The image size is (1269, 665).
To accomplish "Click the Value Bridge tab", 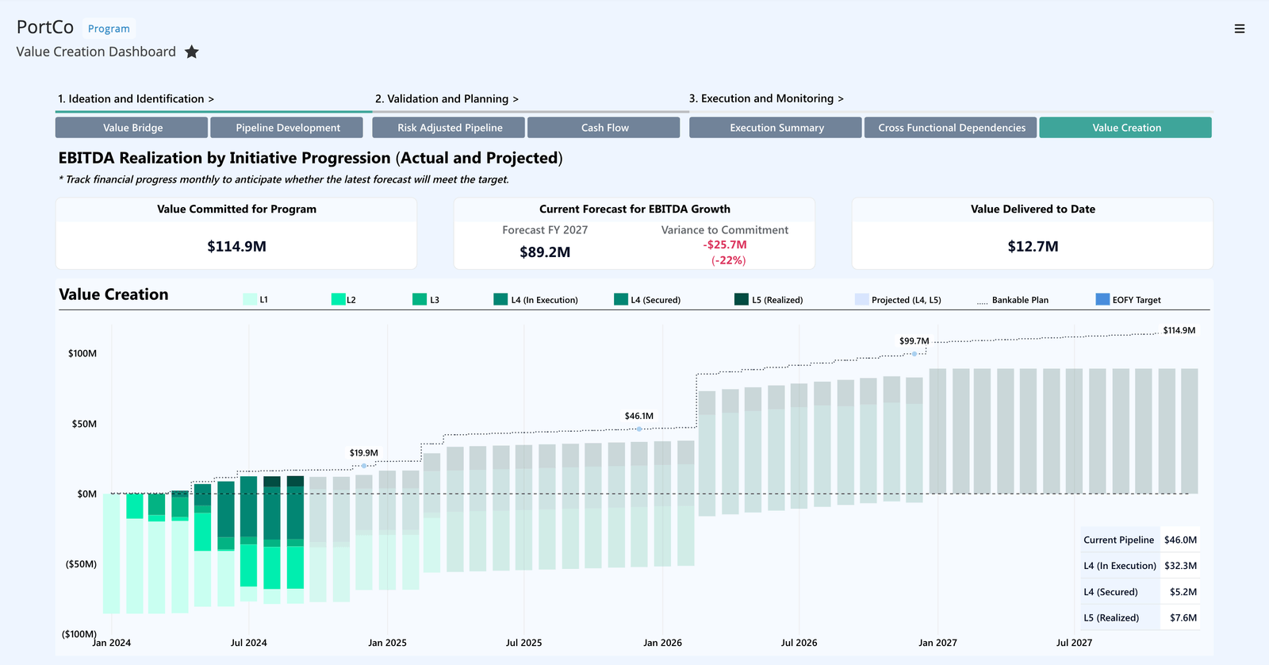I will pyautogui.click(x=132, y=128).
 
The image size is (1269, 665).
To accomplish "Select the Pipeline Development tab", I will pyautogui.click(x=288, y=128).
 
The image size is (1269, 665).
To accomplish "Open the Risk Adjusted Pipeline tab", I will pyautogui.click(x=450, y=128).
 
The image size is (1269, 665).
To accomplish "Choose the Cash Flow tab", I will pyautogui.click(x=604, y=128).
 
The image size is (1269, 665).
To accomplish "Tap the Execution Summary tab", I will pyautogui.click(x=776, y=128).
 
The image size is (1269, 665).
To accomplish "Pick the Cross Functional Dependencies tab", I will pyautogui.click(x=952, y=128).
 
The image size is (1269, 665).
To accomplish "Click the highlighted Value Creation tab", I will pyautogui.click(x=1126, y=128).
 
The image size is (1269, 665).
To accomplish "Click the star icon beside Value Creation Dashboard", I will pyautogui.click(x=192, y=52).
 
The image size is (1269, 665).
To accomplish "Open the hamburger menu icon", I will pyautogui.click(x=1240, y=29).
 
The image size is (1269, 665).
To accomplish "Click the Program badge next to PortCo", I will pyautogui.click(x=109, y=29).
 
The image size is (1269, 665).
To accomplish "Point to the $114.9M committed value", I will pyautogui.click(x=236, y=247).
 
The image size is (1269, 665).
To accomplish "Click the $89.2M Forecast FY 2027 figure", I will pyautogui.click(x=545, y=252).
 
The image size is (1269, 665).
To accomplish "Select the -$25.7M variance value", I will pyautogui.click(x=725, y=245).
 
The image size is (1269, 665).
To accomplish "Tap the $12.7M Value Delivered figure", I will pyautogui.click(x=1033, y=247).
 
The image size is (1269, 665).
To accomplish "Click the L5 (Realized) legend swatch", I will pyautogui.click(x=742, y=299).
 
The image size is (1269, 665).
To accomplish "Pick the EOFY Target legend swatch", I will pyautogui.click(x=1102, y=299).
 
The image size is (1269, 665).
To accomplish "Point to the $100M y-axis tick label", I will pyautogui.click(x=82, y=353).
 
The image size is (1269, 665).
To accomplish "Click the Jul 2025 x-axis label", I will pyautogui.click(x=523, y=643).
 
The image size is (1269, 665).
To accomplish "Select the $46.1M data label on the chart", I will pyautogui.click(x=638, y=416).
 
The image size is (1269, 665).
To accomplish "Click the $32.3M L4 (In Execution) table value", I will pyautogui.click(x=1180, y=566).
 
